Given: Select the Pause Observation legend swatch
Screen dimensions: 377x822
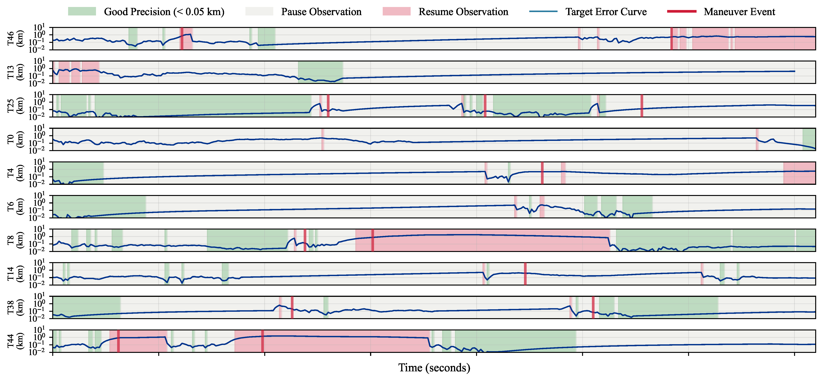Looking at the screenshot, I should point(259,12).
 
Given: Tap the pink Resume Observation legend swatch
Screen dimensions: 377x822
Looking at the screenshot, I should point(396,12).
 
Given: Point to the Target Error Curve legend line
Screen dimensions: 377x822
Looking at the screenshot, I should point(543,12).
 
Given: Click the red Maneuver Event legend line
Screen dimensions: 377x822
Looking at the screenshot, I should point(682,12).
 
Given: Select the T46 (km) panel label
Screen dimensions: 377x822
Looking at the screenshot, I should point(14,39).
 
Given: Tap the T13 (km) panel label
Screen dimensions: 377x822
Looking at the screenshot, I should point(14,72).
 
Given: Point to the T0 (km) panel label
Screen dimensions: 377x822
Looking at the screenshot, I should point(14,139).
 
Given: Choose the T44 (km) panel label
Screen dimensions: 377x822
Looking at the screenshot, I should point(14,341).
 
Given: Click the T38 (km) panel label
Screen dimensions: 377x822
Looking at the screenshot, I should point(14,307).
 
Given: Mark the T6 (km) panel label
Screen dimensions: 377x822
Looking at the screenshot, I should point(14,207).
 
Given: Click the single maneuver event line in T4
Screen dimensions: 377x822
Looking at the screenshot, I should point(542,173).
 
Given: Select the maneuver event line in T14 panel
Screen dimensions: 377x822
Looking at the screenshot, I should point(525,274).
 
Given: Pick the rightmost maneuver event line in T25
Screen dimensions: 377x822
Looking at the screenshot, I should point(642,106).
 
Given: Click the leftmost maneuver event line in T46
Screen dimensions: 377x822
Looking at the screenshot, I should point(182,39).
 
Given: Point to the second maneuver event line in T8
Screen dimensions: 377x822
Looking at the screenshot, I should point(372,240).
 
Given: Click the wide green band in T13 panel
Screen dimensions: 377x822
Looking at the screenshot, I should point(320,72).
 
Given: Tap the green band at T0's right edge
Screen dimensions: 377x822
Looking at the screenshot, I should point(809,139).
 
